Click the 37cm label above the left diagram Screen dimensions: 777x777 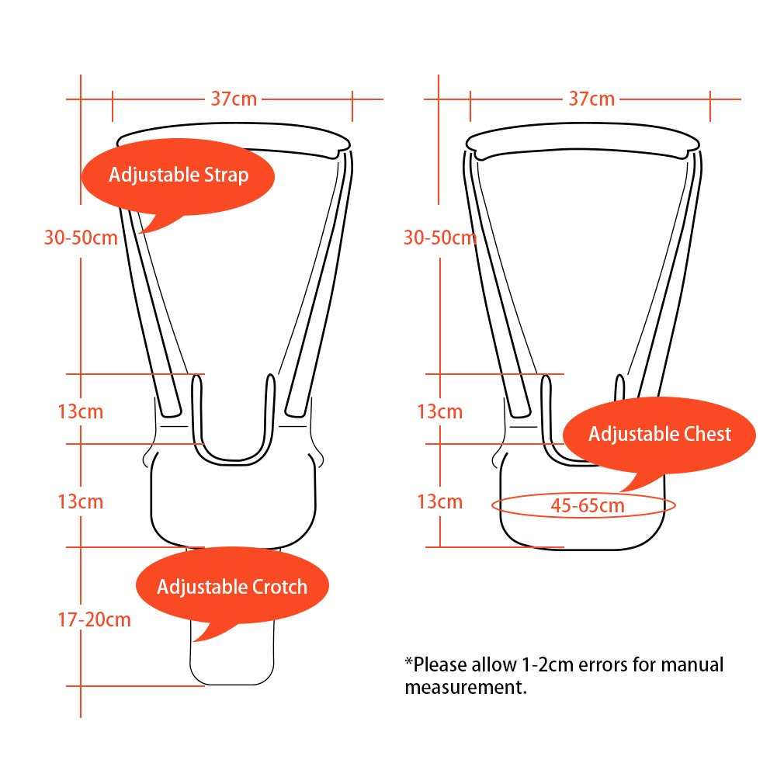(234, 99)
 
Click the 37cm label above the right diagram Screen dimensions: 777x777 (591, 99)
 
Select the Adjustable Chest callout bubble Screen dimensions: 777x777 (659, 439)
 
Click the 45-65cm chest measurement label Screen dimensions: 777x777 (588, 505)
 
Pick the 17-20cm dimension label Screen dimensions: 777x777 (94, 619)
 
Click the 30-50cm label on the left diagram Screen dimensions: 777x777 (81, 238)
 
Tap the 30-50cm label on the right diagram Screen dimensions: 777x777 (440, 238)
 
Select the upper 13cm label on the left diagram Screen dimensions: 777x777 (80, 411)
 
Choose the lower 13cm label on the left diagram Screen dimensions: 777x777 (80, 501)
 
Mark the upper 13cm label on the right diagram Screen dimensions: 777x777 (439, 411)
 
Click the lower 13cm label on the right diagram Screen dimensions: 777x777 (439, 501)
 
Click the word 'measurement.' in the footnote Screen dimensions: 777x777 (466, 687)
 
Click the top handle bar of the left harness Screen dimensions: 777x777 (233, 140)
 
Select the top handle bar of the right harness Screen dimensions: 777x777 (583, 140)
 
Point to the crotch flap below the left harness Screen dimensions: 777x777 (232, 659)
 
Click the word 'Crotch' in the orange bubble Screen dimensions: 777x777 (280, 587)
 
